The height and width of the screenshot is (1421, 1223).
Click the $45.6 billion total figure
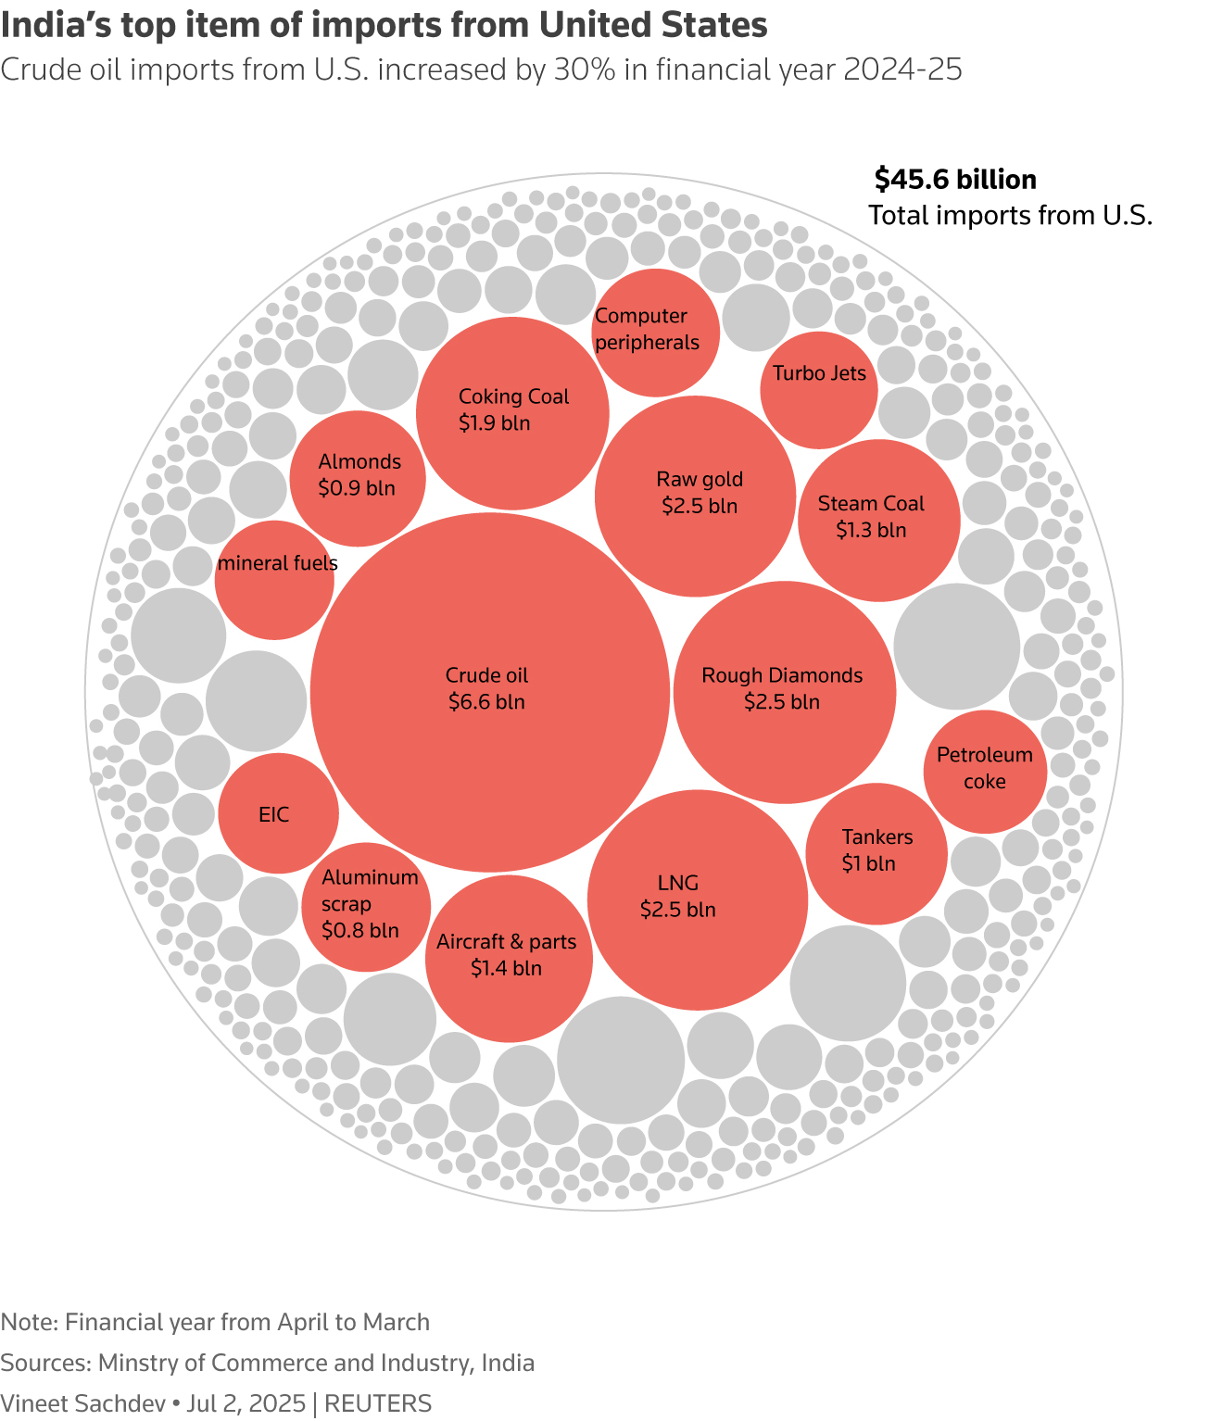pos(955,180)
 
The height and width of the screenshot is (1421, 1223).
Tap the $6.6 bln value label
pos(486,702)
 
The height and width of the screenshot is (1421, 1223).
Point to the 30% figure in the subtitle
pos(584,70)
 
